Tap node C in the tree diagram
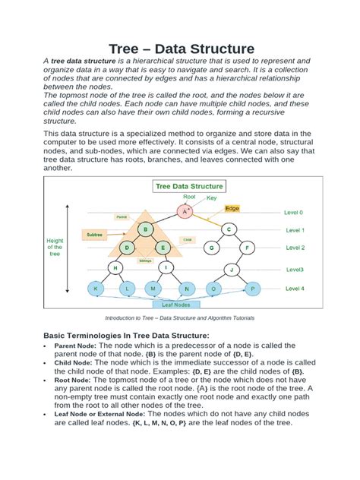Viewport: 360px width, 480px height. (x=229, y=229)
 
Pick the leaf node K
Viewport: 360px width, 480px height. (x=96, y=289)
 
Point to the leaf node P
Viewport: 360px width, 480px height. (x=253, y=289)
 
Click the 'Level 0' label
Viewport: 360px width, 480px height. (x=294, y=213)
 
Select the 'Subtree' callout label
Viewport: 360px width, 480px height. (x=94, y=235)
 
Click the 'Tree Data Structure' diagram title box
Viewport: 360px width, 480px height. (x=189, y=185)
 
